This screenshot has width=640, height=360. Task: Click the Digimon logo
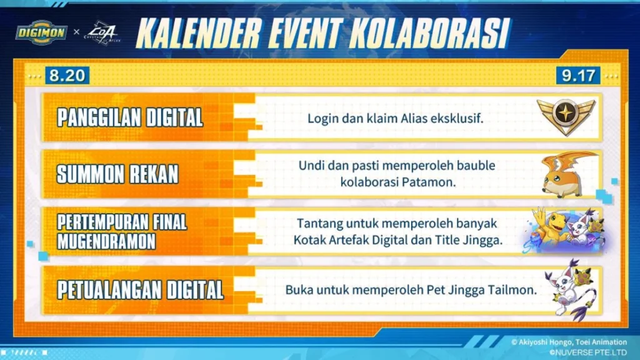coord(41,32)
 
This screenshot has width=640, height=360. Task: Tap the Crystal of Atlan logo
coord(102,32)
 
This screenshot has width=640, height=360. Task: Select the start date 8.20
coord(67,76)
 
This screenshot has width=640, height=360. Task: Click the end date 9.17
coord(578,76)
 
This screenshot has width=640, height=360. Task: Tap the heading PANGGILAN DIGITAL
coord(130,118)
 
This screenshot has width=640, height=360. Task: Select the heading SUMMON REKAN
coord(117,174)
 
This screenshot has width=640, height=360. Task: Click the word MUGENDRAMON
coord(106,241)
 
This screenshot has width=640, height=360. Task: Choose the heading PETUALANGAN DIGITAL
coord(141,290)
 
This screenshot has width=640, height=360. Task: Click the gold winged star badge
coord(566,116)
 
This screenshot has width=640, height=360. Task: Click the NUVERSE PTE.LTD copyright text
coord(587,352)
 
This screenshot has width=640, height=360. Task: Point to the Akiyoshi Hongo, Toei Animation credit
coord(569,342)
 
